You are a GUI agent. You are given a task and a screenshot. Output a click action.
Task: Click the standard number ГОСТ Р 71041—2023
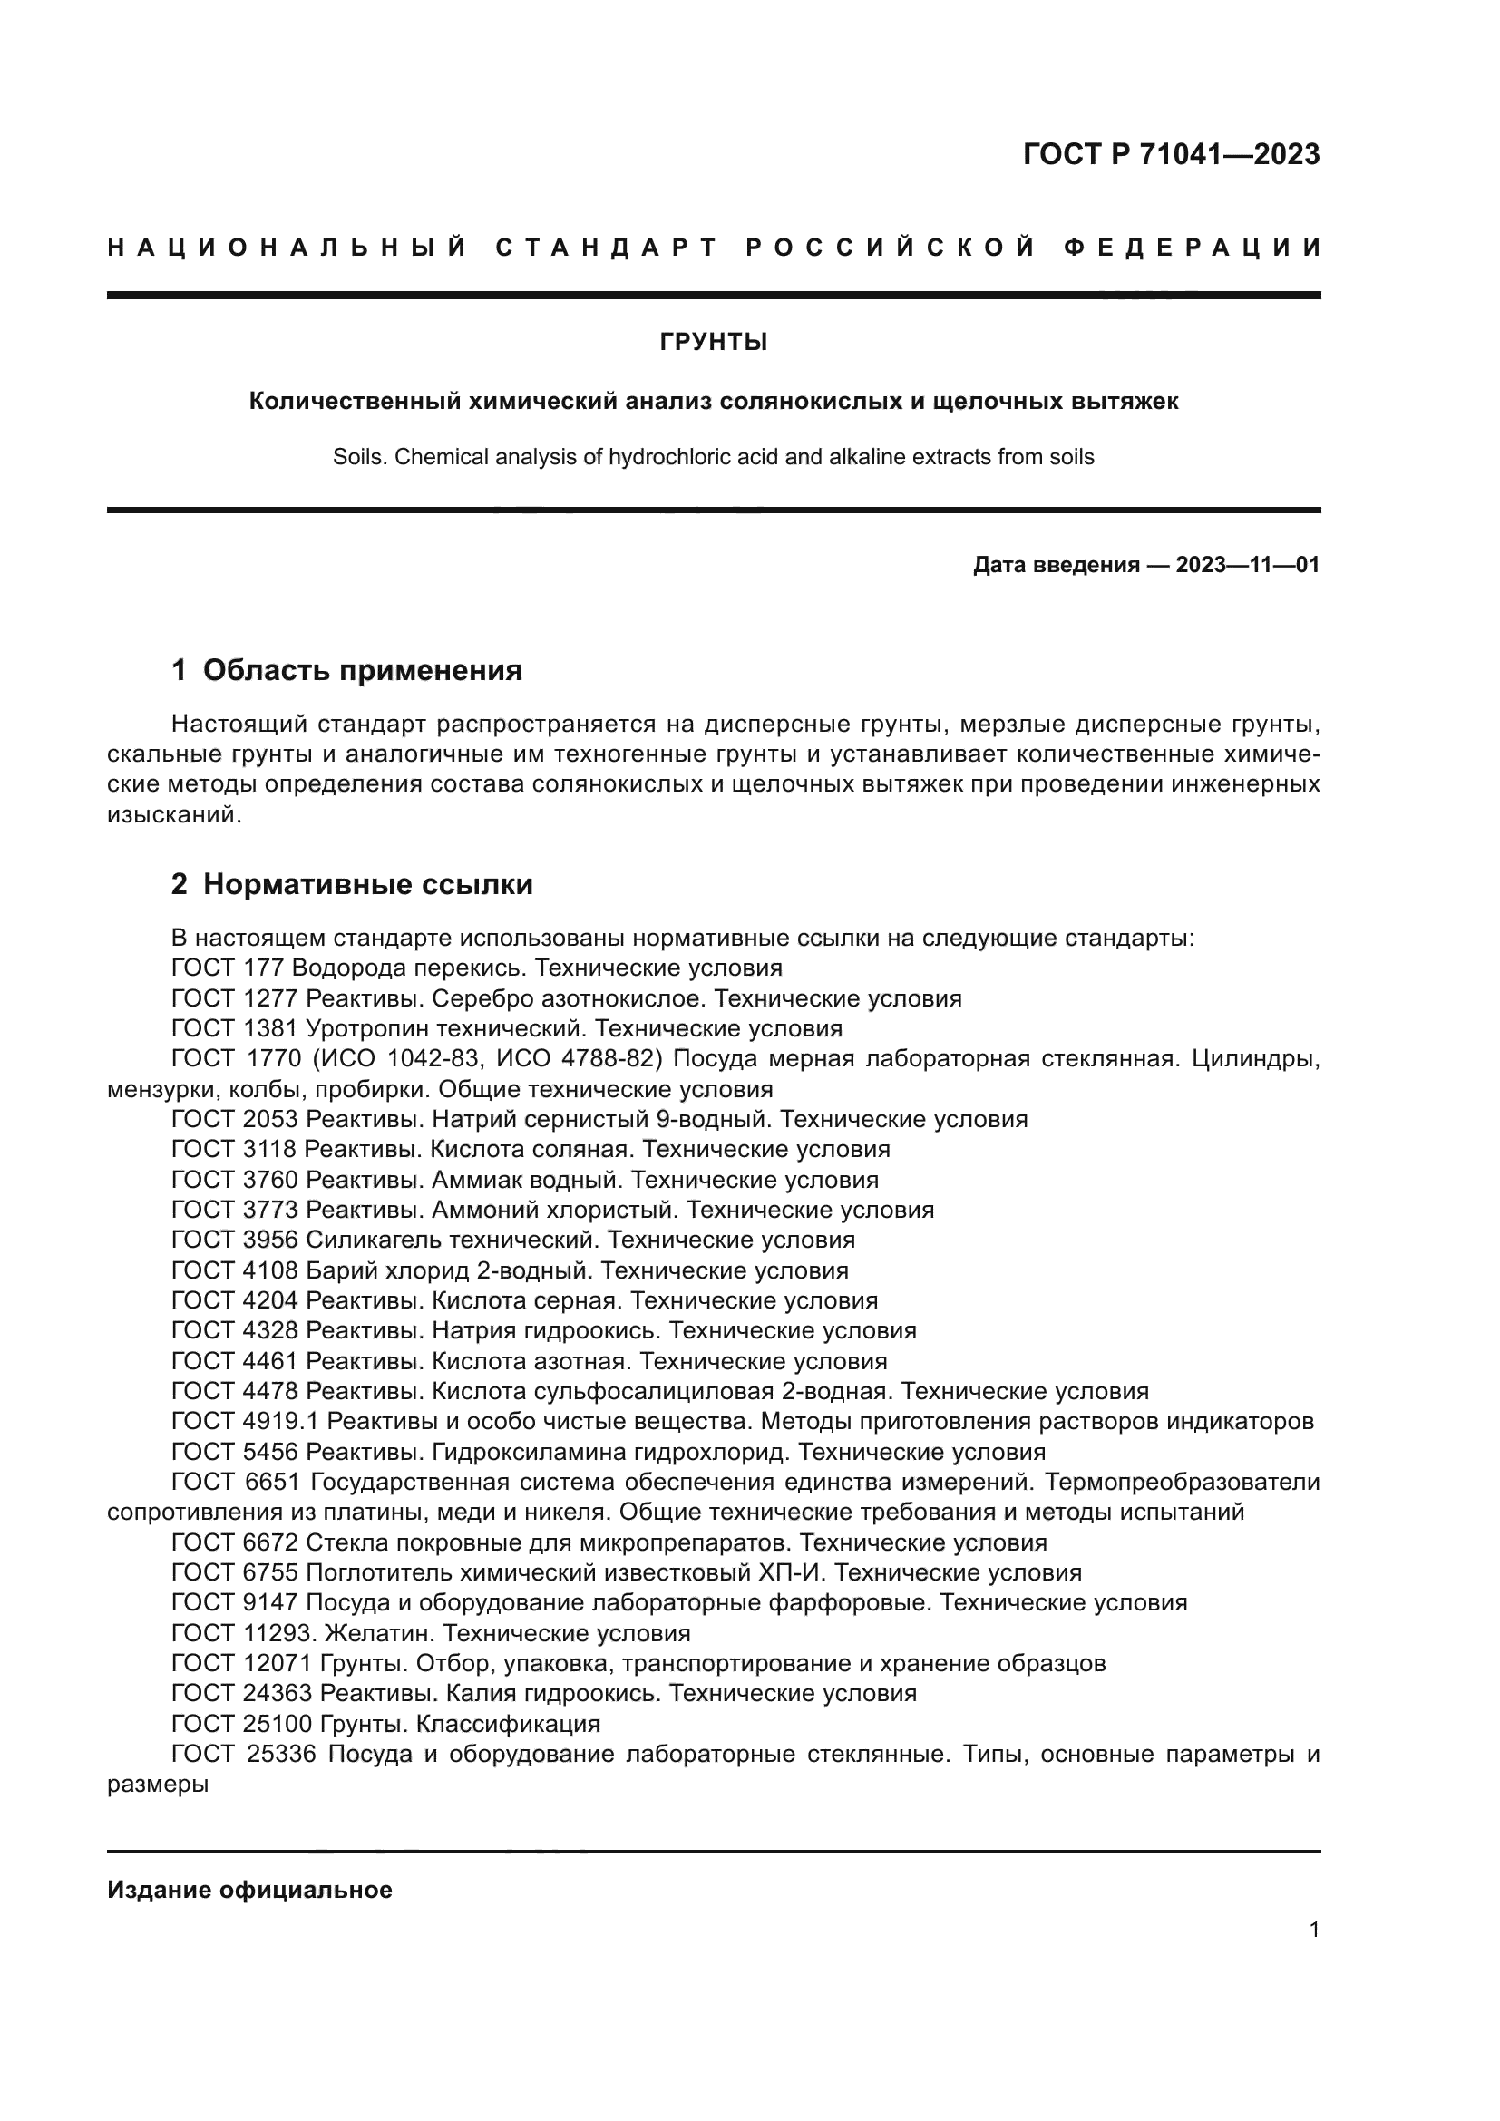[1170, 154]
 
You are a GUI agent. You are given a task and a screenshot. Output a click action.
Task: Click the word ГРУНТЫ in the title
[713, 343]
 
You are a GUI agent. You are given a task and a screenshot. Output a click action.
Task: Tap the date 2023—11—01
[1247, 564]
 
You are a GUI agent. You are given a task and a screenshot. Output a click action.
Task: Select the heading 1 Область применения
[346, 670]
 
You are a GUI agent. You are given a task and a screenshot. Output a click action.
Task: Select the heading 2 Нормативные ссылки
[352, 884]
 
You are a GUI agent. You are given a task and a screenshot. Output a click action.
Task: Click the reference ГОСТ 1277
[236, 998]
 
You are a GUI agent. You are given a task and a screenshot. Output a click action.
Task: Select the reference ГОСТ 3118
[235, 1150]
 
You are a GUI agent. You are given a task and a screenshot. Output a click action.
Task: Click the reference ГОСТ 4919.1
[246, 1422]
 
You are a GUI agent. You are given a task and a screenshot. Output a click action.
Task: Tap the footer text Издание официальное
[249, 1890]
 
